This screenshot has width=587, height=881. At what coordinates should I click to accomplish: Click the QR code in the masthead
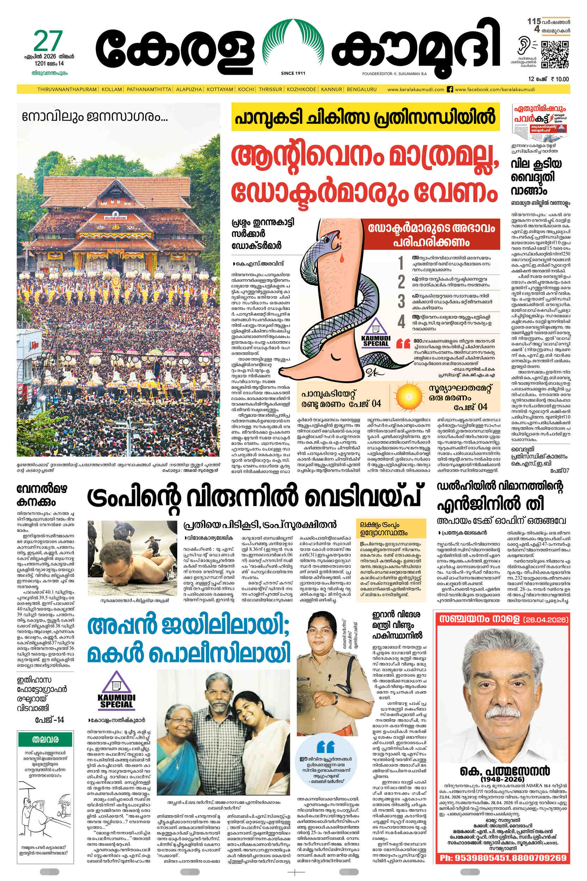(555, 55)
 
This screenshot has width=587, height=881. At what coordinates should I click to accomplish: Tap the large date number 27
(48, 41)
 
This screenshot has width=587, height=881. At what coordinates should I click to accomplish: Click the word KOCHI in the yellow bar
(246, 90)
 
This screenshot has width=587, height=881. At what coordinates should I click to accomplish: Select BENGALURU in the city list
(362, 90)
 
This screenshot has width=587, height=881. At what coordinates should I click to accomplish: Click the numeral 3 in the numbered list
(401, 301)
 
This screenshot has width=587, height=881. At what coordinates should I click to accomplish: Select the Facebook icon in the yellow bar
(450, 90)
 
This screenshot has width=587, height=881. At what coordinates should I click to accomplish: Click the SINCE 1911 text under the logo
(293, 73)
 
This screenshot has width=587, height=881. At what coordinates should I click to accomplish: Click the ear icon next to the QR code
(523, 47)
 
